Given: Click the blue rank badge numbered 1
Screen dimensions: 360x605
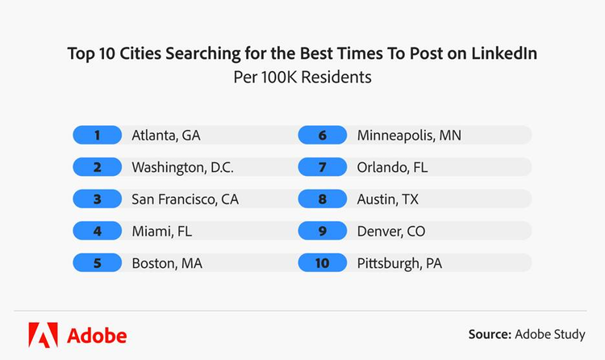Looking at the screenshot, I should [97, 135].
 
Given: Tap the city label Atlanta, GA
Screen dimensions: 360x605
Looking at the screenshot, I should [165, 135].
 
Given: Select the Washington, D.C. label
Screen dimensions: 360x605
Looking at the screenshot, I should [182, 167].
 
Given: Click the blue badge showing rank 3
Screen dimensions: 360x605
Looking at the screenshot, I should [97, 199].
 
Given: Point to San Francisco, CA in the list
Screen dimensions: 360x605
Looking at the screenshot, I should [185, 199].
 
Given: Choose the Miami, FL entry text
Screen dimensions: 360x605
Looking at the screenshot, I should [161, 231].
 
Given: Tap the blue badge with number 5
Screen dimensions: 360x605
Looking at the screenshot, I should [97, 263].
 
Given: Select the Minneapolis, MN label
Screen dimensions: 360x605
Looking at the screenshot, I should [409, 135].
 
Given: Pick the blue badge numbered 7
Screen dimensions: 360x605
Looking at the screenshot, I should [322, 167].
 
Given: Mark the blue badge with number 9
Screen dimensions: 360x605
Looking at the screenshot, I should [322, 231].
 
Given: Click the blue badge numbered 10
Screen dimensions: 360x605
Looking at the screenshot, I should [322, 263].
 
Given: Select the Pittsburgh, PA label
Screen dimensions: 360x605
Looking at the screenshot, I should [399, 263].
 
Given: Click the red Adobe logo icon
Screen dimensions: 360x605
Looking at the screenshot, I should [42, 333].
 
